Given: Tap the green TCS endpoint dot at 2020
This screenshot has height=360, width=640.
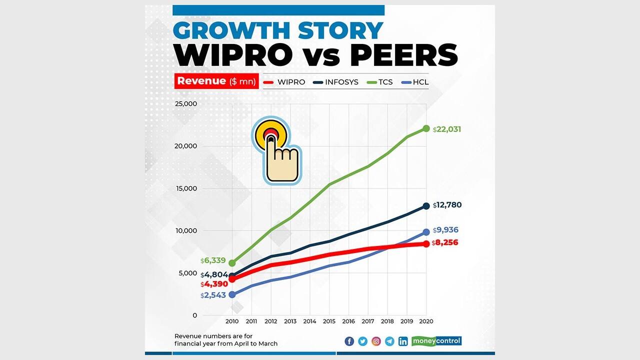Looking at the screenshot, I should point(426,128).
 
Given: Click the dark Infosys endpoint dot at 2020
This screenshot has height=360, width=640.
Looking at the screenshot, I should point(426,206).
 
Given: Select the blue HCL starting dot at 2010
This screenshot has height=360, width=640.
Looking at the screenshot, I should point(232,295).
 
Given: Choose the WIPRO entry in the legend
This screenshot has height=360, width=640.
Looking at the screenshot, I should point(284,82).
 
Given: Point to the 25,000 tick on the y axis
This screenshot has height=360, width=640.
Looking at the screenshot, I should point(185,104).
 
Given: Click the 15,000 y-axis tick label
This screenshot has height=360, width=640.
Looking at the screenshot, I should point(185,188).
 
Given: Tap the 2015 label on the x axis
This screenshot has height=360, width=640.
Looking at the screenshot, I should point(329,321).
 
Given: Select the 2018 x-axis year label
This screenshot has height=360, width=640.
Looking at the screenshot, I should point(387,321).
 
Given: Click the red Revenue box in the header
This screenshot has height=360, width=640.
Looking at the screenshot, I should point(216,81).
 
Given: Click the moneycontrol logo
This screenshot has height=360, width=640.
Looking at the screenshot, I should point(436,341).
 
